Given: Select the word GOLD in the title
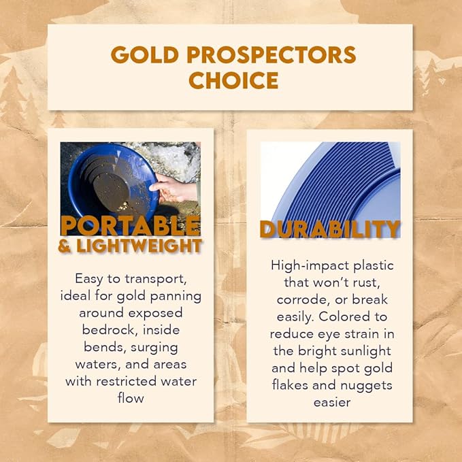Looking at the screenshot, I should [142, 54].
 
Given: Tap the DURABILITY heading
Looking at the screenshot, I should [329, 229].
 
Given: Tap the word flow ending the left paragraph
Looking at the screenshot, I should [131, 397].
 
